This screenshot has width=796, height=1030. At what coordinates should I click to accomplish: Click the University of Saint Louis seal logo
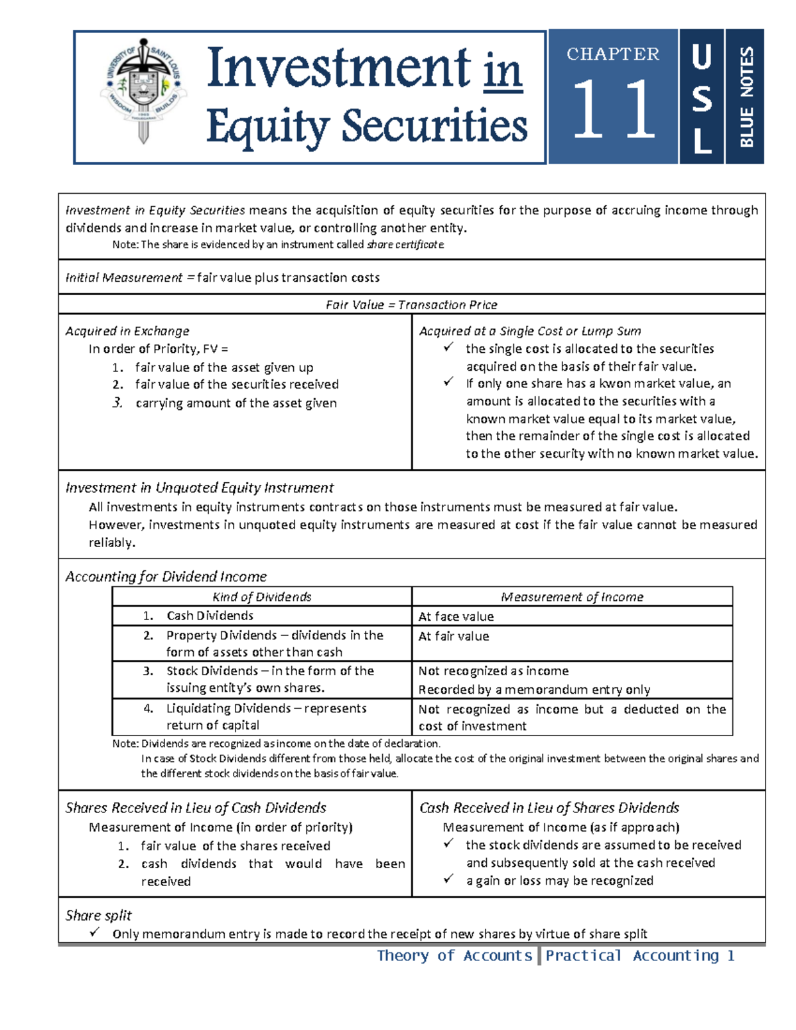(143, 90)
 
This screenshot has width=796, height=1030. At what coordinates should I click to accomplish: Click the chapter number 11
(613, 109)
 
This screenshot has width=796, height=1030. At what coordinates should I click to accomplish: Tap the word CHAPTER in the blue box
(613, 54)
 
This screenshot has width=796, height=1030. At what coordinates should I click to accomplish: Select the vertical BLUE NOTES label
(746, 96)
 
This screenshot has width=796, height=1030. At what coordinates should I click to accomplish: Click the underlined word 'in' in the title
(503, 70)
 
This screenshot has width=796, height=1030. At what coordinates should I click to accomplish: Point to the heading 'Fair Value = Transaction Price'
(411, 304)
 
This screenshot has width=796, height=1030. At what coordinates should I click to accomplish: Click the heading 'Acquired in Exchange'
(127, 331)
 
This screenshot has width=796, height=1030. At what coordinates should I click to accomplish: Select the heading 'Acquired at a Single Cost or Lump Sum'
(530, 331)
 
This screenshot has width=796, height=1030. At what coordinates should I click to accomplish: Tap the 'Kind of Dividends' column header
(261, 597)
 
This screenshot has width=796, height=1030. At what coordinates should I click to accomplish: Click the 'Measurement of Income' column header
(572, 597)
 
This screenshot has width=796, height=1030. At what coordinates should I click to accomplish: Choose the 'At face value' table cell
(456, 616)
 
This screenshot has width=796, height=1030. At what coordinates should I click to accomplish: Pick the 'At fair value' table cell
(454, 636)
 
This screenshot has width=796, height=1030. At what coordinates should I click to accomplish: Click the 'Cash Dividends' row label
(210, 615)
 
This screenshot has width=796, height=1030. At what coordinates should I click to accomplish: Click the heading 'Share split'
(98, 915)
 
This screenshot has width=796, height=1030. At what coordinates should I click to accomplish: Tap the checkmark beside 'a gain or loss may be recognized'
(449, 879)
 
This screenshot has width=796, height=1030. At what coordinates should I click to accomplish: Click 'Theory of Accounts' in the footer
(454, 956)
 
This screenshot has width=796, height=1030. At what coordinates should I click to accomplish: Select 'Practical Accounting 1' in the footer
(640, 956)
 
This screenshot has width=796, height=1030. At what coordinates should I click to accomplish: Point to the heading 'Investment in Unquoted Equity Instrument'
(199, 487)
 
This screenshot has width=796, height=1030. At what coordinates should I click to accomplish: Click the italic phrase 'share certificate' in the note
(405, 244)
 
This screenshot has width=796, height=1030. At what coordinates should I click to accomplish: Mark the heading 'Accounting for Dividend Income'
(166, 576)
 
